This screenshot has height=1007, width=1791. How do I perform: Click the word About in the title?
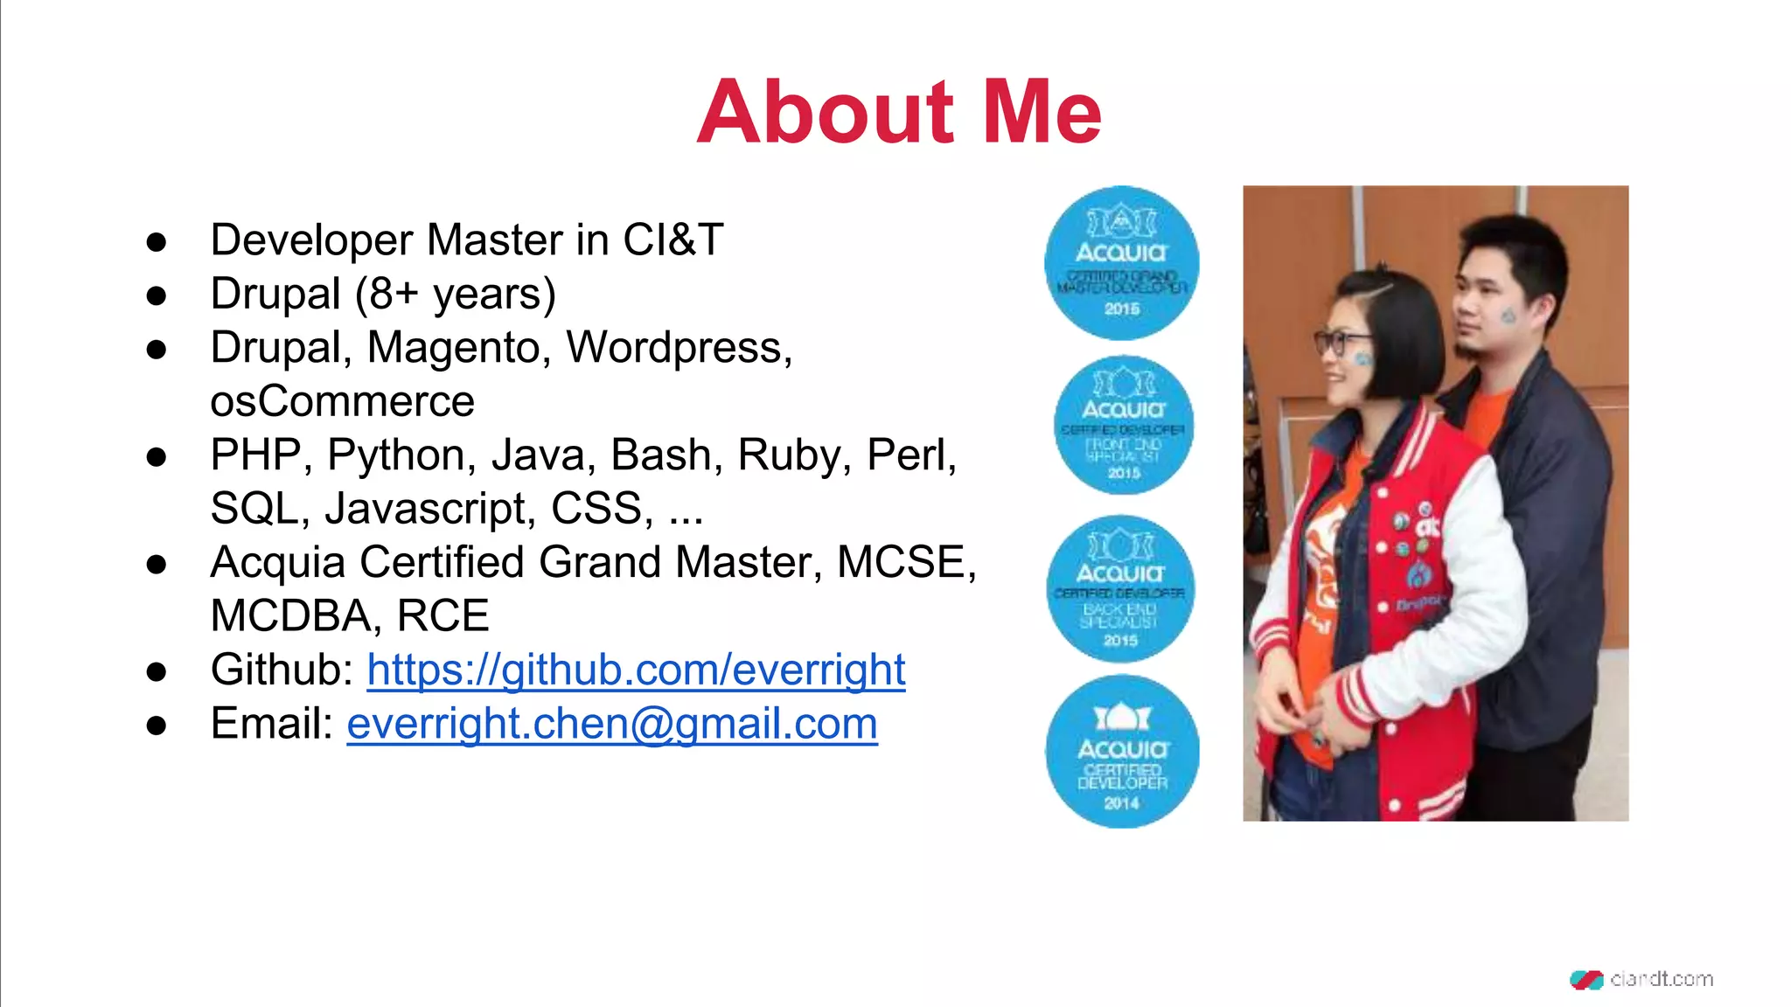point(825,112)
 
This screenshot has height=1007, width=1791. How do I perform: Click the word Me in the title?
point(1042,112)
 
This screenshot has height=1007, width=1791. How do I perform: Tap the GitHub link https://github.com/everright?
point(636,670)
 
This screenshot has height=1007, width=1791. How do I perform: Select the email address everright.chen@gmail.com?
point(611,725)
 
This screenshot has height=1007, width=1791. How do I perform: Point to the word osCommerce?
point(342,402)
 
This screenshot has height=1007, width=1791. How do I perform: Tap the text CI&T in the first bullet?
point(672,240)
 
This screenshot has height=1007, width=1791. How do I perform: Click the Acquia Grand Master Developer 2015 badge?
point(1121,262)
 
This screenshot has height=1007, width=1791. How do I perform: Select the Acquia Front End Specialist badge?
point(1123,426)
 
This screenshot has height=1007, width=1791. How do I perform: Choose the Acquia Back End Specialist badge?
point(1120,588)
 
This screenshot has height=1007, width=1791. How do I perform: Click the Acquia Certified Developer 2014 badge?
point(1121,751)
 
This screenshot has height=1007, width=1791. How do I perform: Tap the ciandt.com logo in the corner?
point(1641,979)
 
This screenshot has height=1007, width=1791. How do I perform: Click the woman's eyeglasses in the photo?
point(1341,341)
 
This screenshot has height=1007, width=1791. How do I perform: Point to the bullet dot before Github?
point(157,671)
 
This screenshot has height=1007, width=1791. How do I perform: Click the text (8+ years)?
point(455,295)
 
